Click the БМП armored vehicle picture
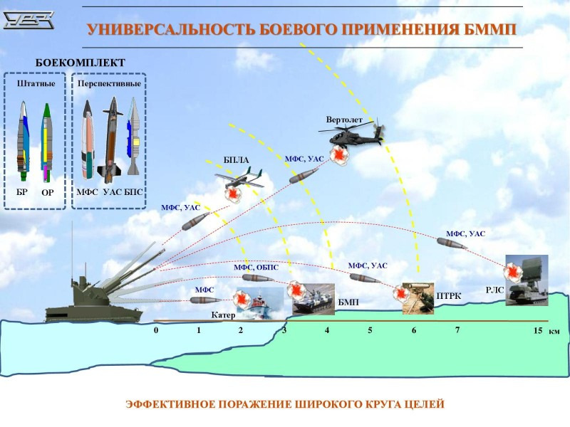[314, 299]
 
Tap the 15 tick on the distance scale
[537, 331]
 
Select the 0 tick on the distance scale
[155, 331]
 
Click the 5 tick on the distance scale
[370, 331]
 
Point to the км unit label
[554, 332]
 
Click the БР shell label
[22, 191]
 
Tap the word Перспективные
[109, 83]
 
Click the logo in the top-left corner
[29, 21]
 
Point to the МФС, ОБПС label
[256, 267]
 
